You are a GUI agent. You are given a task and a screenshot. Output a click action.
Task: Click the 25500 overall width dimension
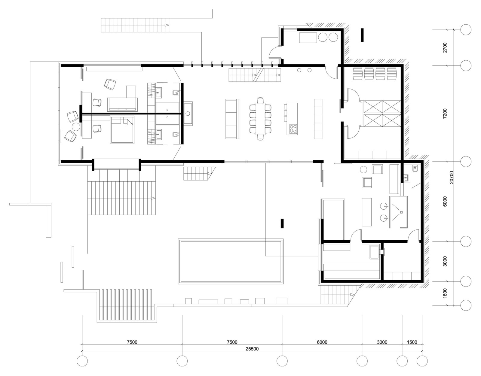(x=252, y=349)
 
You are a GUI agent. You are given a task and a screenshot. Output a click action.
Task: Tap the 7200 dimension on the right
(x=445, y=114)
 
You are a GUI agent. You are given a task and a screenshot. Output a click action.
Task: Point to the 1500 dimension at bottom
(x=412, y=342)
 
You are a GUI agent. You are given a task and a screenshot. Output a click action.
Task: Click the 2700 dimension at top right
(x=445, y=47)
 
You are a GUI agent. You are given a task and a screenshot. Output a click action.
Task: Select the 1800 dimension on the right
(x=445, y=293)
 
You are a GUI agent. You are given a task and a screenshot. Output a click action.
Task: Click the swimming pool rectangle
(x=231, y=261)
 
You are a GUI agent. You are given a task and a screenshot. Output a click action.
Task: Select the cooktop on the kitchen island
(x=293, y=129)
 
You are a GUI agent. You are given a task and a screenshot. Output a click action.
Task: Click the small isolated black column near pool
(x=282, y=223)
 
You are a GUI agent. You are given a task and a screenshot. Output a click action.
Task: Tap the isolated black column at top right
(x=362, y=35)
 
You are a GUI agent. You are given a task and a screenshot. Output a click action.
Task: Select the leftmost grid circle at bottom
(x=82, y=361)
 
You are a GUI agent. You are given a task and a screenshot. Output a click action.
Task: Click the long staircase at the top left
(x=135, y=25)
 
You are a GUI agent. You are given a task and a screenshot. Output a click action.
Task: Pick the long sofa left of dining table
(x=233, y=119)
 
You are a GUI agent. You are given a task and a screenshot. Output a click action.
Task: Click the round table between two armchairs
(x=76, y=126)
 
